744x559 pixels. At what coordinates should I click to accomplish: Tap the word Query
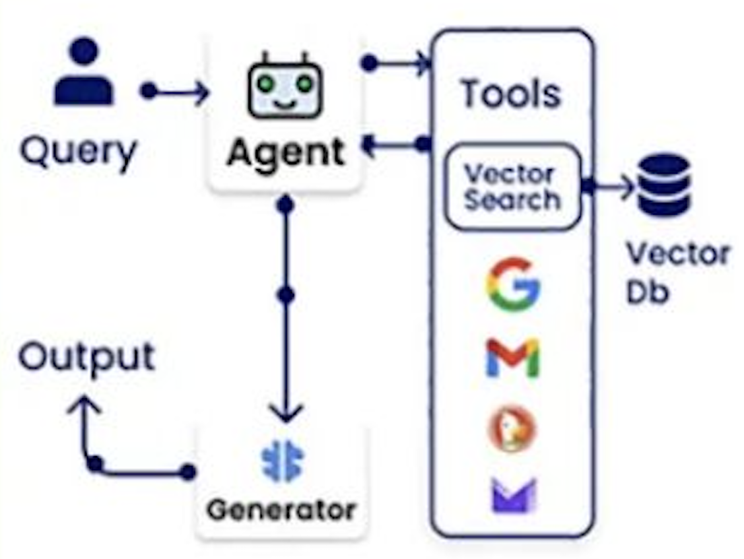[x=78, y=152]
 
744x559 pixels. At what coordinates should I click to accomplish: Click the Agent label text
[x=285, y=152]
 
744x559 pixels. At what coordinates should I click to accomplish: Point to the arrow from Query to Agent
[x=176, y=92]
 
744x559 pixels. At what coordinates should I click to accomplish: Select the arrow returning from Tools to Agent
[x=394, y=143]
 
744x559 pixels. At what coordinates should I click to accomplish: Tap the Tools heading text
[x=511, y=94]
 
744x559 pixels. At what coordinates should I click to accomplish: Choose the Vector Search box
[x=512, y=187]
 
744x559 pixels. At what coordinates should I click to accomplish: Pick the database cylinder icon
[x=664, y=185]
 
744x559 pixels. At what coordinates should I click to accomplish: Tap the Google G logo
[x=512, y=284]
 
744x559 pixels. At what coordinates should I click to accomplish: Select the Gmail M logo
[x=512, y=358]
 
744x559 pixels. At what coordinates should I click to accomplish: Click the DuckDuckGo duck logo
[x=512, y=429]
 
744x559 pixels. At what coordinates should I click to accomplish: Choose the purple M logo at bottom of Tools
[x=512, y=496]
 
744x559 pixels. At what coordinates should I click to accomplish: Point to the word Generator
[x=281, y=509]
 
